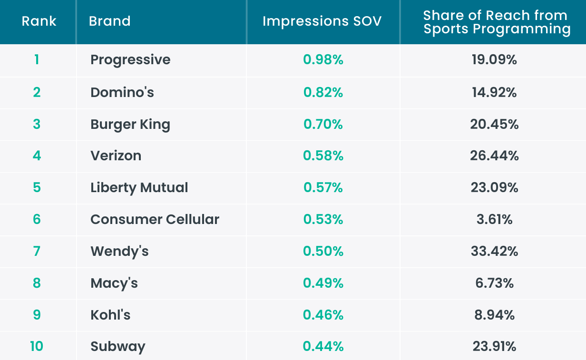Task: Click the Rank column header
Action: pos(39,21)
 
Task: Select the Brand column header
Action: pos(110,21)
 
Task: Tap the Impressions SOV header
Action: pos(322,21)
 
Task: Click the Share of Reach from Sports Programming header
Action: pos(497,22)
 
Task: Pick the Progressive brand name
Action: pos(130,60)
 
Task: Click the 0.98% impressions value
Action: pos(323,60)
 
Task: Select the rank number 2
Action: pos(37,92)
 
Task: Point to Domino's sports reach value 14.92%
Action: pos(494,92)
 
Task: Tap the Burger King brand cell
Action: pos(130,124)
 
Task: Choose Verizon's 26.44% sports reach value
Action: pos(494,156)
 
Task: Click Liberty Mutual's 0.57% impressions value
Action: pos(323,187)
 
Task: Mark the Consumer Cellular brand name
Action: pos(155,219)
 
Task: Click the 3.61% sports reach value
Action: pos(494,219)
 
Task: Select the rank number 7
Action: pos(37,251)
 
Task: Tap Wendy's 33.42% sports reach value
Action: pos(494,251)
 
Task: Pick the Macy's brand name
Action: pos(114,283)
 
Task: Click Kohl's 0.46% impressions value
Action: pos(323,315)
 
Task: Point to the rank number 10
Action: pos(37,346)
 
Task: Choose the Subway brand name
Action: pos(117,347)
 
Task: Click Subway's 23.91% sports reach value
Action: pos(494,346)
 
